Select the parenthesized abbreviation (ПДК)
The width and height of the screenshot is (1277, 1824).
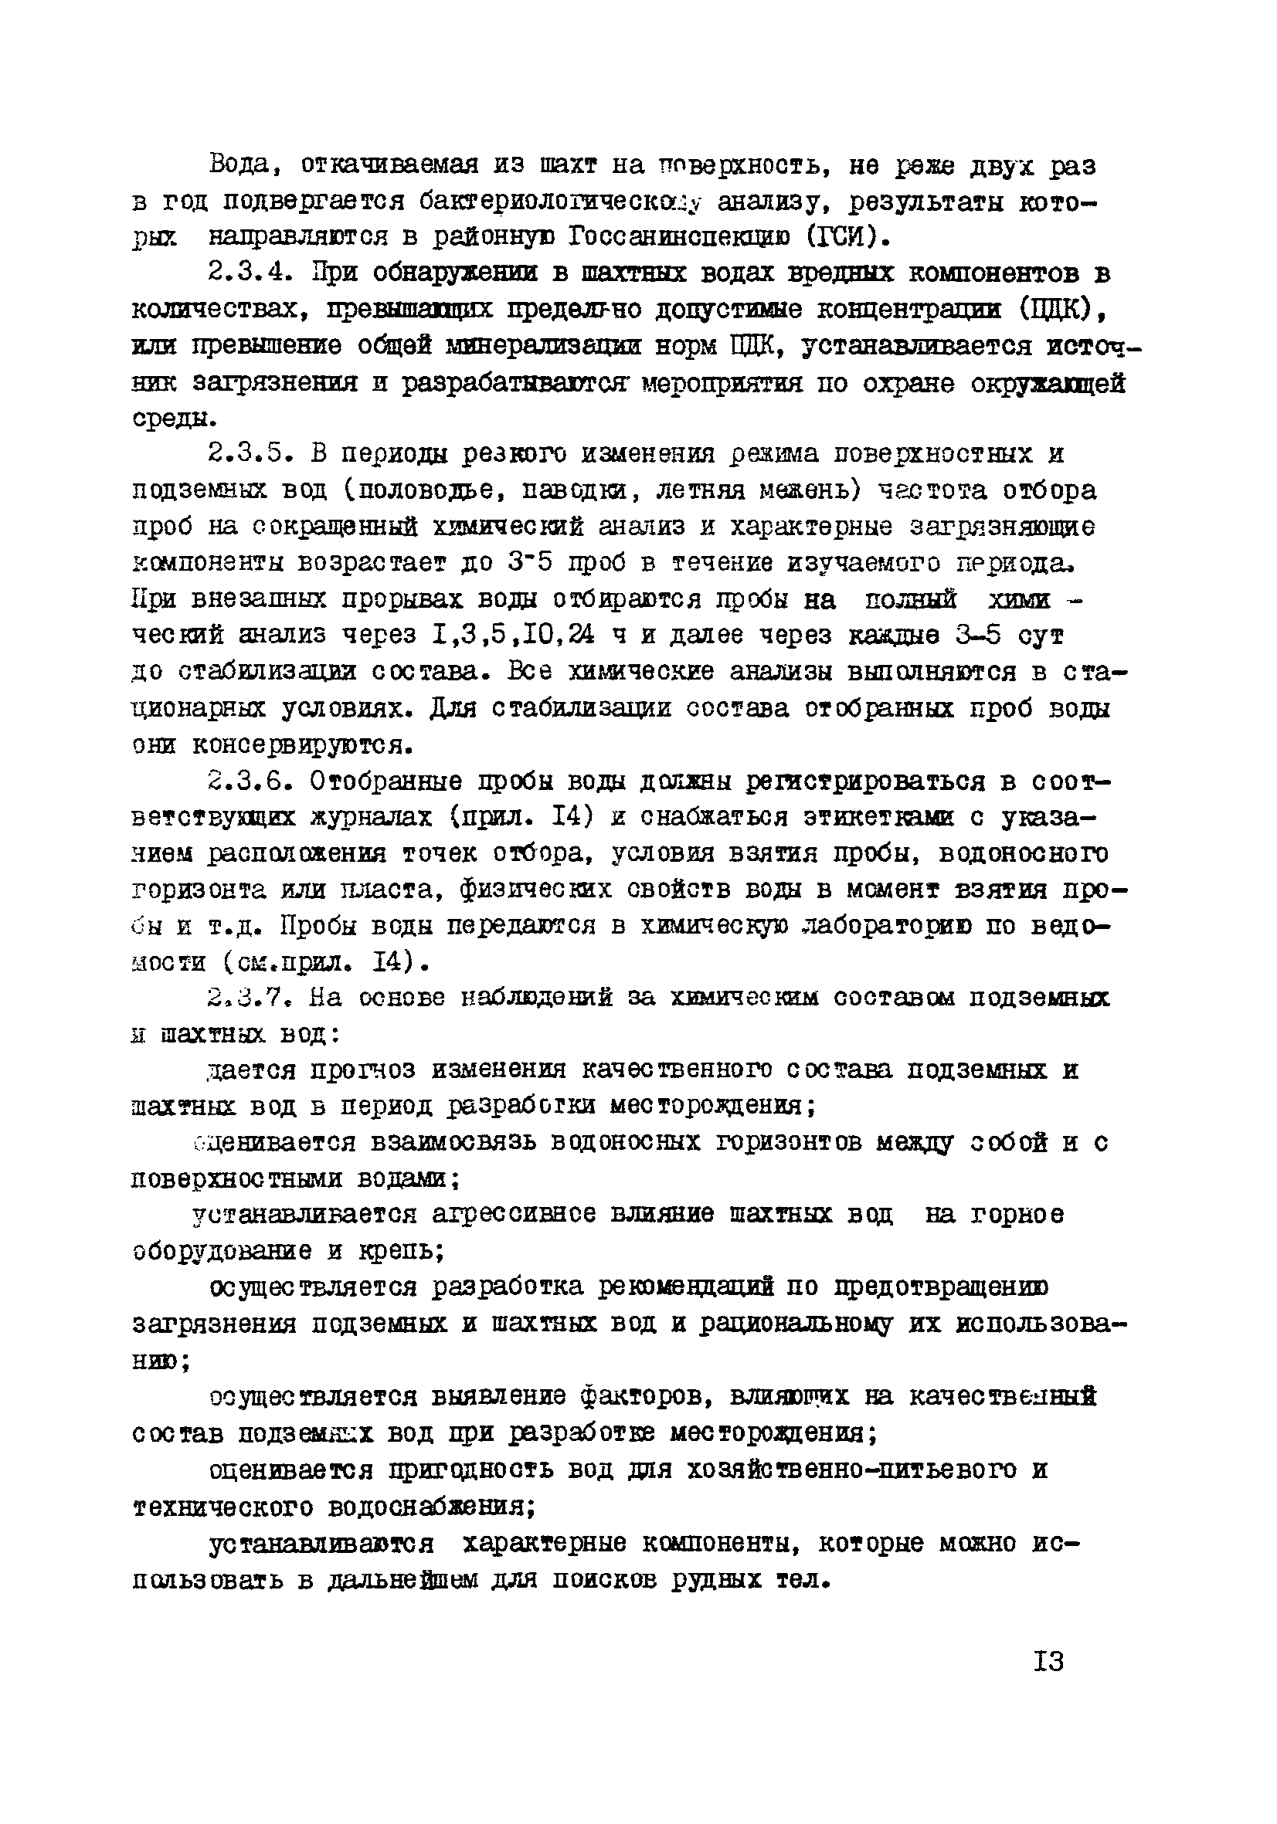1053,310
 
